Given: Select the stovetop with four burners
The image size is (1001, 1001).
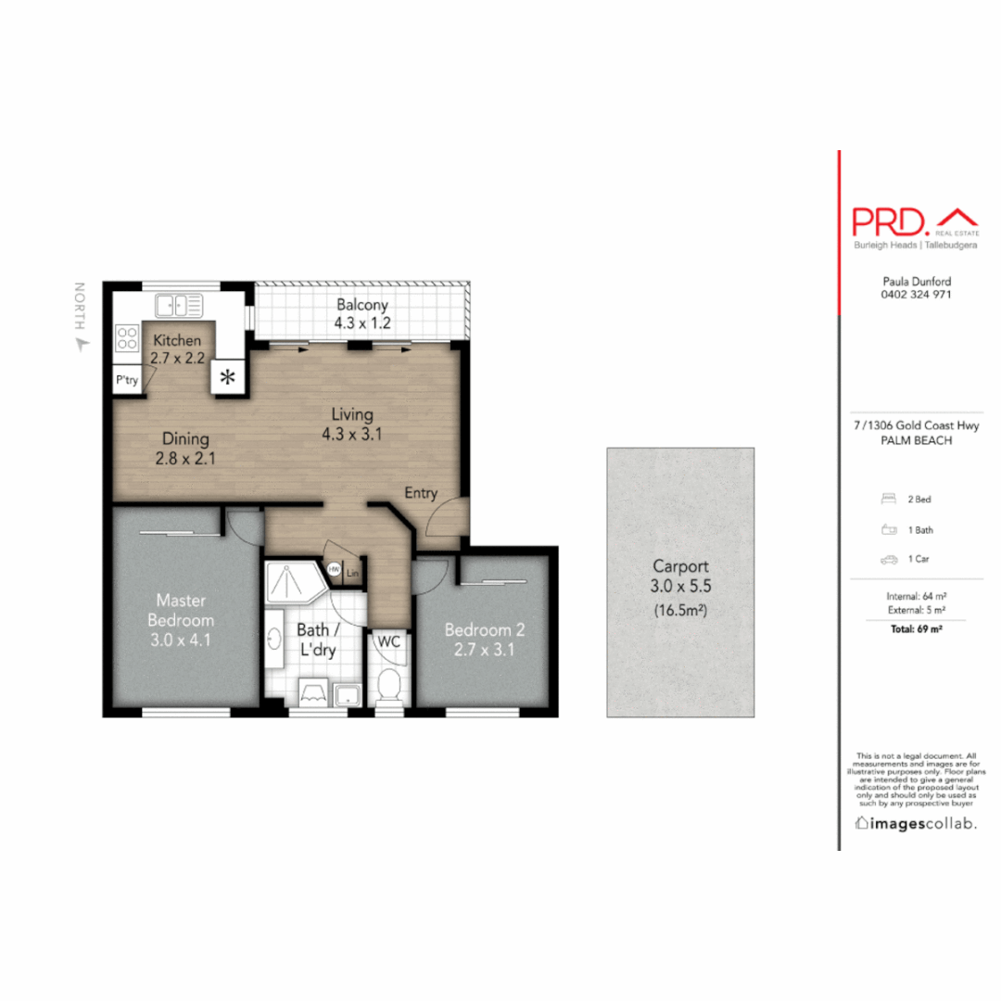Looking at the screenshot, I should click(x=127, y=337).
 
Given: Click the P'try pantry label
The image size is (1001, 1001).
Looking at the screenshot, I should click(x=127, y=380).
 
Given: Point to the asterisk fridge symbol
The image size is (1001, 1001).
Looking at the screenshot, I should click(x=228, y=377).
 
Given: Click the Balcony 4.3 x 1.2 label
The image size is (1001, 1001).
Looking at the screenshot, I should click(x=362, y=313).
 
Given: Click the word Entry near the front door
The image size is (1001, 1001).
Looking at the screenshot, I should click(x=420, y=493).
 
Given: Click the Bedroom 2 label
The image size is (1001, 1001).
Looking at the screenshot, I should click(x=485, y=639).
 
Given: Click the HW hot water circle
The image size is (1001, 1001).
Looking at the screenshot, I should click(x=334, y=570).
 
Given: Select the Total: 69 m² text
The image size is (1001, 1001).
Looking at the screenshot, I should click(x=916, y=629).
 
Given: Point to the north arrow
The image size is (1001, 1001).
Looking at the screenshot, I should click(x=81, y=344).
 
